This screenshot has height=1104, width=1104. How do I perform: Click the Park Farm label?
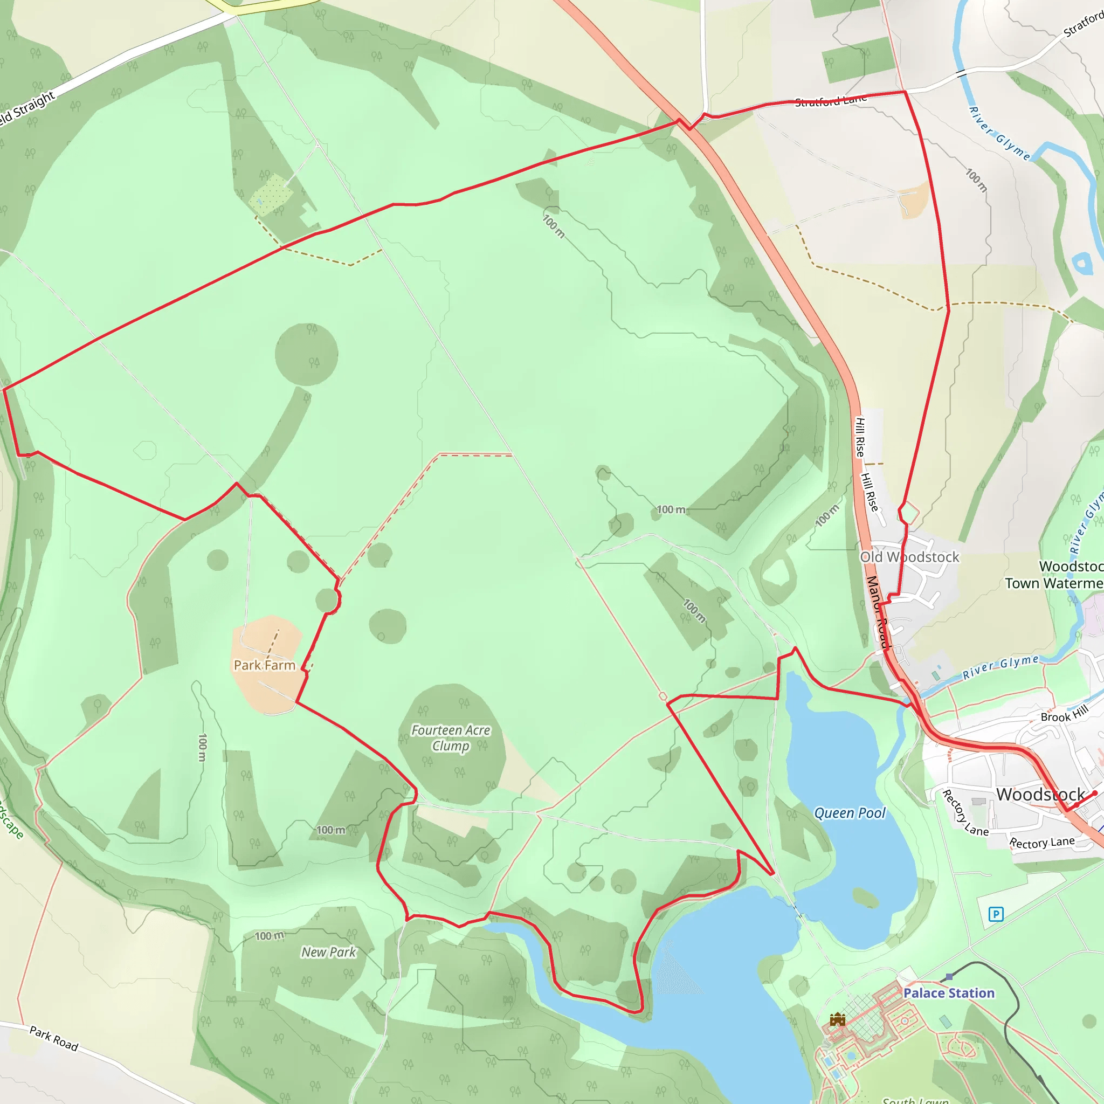click(x=264, y=665)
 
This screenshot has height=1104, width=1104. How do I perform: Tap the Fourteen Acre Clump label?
click(x=451, y=738)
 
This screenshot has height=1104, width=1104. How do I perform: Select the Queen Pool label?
click(x=849, y=813)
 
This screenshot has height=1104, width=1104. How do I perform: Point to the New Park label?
click(x=329, y=952)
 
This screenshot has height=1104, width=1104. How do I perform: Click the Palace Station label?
click(x=949, y=993)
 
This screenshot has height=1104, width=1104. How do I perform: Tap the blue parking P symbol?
click(x=996, y=914)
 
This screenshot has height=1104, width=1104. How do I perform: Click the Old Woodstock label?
click(x=910, y=557)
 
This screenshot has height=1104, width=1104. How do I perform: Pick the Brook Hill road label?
click(x=1065, y=714)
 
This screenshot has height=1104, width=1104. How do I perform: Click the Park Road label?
click(x=54, y=1038)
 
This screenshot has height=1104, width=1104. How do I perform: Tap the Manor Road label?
click(x=878, y=611)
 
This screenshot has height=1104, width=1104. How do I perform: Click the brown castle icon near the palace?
click(x=838, y=1019)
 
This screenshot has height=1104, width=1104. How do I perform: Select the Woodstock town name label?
click(x=1040, y=794)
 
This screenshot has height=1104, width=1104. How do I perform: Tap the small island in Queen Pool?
click(x=866, y=898)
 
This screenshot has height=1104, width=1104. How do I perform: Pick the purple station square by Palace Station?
click(x=950, y=977)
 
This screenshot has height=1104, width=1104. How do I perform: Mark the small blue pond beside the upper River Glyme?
click(x=1082, y=264)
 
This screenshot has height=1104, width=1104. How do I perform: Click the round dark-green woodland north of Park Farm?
click(x=306, y=354)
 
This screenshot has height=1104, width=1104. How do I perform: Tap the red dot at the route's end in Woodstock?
click(x=1095, y=793)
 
